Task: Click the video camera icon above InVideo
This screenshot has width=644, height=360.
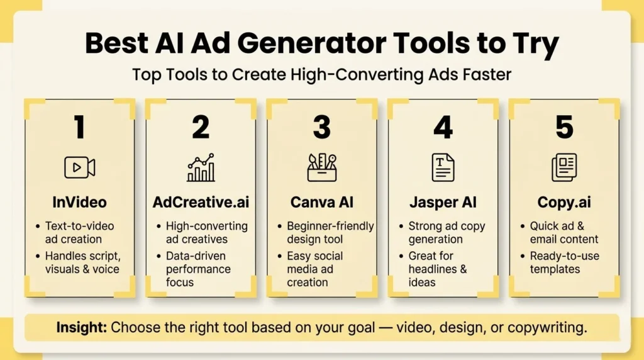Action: click(80, 167)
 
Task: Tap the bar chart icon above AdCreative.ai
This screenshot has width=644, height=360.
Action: click(201, 167)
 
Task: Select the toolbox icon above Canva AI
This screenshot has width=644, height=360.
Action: click(322, 167)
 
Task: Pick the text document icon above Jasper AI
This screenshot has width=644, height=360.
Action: click(443, 167)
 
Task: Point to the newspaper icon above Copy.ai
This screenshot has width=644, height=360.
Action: click(564, 167)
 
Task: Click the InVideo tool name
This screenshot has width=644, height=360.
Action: click(80, 203)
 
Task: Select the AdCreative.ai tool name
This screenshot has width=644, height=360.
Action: click(201, 203)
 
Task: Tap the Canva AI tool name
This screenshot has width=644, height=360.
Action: click(322, 203)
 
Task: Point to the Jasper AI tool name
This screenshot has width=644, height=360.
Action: click(443, 203)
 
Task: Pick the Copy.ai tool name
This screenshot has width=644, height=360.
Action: click(564, 203)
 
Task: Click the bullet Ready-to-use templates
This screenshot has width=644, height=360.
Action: click(564, 262)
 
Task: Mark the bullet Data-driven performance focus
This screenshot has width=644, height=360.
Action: click(204, 269)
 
